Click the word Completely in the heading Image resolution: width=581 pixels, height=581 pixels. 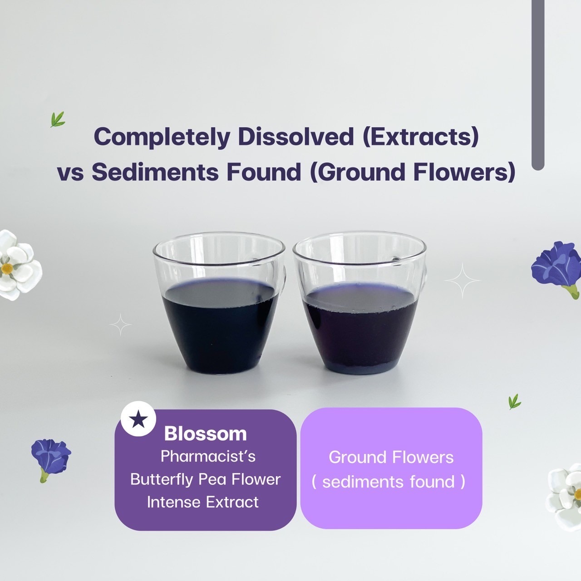[x=162, y=137]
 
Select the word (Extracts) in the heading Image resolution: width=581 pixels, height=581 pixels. [x=421, y=137]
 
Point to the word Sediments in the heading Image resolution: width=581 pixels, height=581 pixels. [x=155, y=172]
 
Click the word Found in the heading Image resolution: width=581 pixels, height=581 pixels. [x=264, y=172]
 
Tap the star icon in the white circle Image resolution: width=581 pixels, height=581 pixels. [x=138, y=419]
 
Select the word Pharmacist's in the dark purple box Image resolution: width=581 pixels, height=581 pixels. [x=208, y=457]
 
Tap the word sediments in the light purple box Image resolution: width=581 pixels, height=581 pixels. [x=363, y=482]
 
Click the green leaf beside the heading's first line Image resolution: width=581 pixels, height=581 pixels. [x=57, y=119]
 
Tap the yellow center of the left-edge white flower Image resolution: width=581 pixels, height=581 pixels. [x=7, y=268]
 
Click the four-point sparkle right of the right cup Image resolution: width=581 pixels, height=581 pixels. [x=463, y=281]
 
